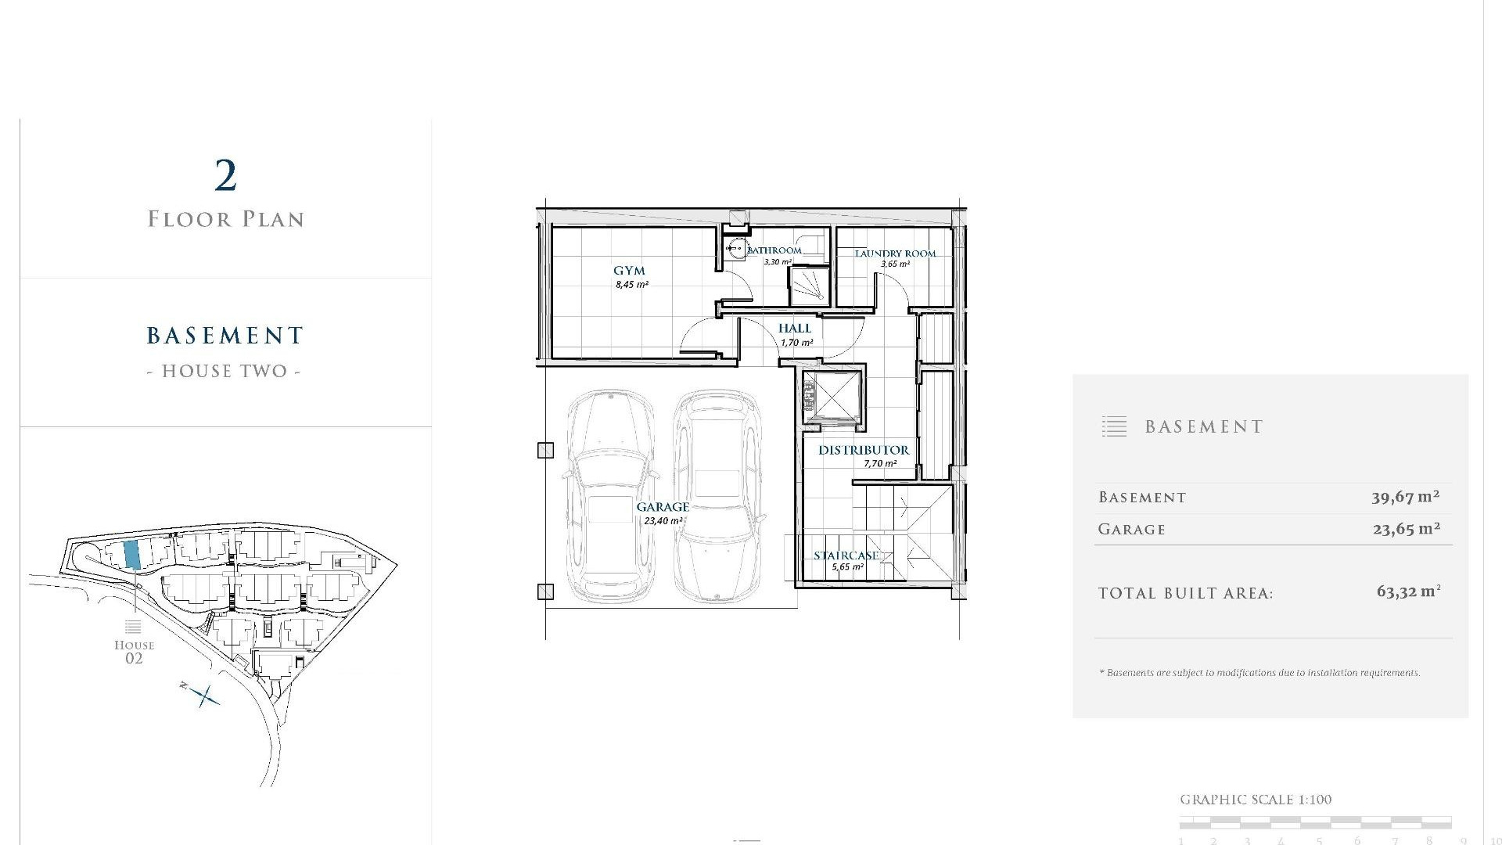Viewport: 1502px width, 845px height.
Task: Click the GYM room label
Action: point(629,271)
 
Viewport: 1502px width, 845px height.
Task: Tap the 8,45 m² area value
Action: point(631,285)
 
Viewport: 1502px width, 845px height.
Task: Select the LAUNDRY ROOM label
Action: point(895,253)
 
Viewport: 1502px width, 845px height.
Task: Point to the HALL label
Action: point(795,329)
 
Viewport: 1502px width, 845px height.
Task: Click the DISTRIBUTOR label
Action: point(864,450)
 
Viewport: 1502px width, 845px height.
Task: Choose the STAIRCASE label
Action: point(846,556)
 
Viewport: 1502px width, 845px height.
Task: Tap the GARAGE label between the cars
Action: point(663,507)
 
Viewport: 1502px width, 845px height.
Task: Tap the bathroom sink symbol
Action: point(735,250)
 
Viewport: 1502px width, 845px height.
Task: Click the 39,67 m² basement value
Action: point(1405,497)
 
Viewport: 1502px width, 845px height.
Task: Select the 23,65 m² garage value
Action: point(1406,529)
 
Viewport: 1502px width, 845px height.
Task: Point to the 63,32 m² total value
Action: point(1408,592)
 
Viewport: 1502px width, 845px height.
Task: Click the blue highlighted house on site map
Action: point(132,554)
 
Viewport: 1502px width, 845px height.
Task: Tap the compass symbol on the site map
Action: point(205,695)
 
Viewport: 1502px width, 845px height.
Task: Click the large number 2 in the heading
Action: point(225,176)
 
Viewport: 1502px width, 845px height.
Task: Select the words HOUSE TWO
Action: point(225,371)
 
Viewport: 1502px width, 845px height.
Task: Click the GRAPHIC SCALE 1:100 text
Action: point(1255,800)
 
